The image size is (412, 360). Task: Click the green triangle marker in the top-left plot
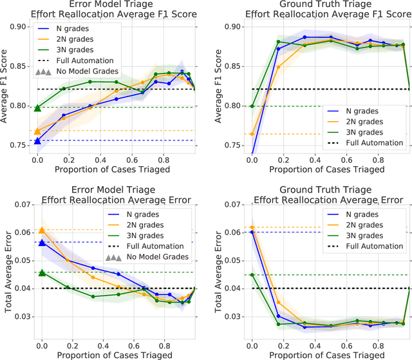coord(37,108)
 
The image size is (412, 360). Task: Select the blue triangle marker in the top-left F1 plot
coord(37,140)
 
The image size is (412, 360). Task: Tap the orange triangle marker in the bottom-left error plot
coord(42,230)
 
